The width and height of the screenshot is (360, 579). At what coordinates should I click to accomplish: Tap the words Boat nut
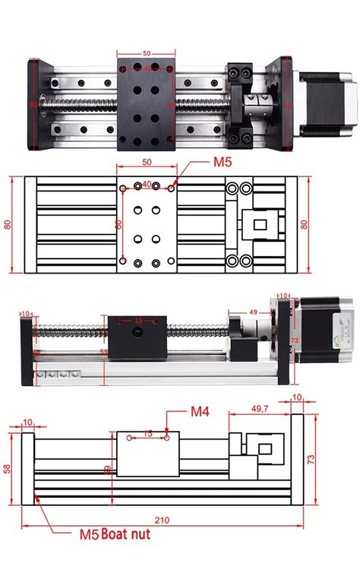(x=125, y=534)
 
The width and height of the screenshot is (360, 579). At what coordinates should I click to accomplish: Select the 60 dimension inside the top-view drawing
(x=118, y=224)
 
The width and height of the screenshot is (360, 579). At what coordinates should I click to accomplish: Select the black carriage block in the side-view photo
(x=137, y=337)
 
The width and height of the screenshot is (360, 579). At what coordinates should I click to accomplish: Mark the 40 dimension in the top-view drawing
(x=147, y=184)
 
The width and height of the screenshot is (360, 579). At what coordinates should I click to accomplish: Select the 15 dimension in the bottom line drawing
(x=148, y=433)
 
